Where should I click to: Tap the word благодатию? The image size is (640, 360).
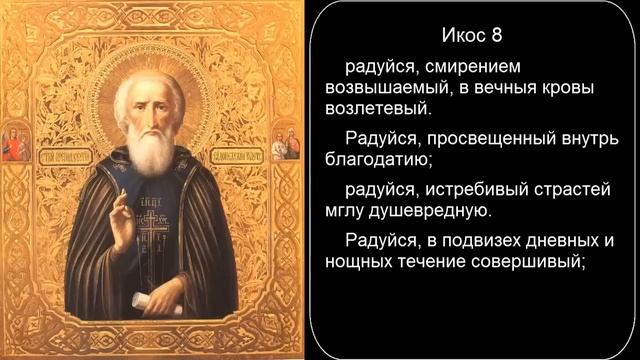[374, 156]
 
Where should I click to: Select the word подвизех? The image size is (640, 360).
[468, 241]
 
